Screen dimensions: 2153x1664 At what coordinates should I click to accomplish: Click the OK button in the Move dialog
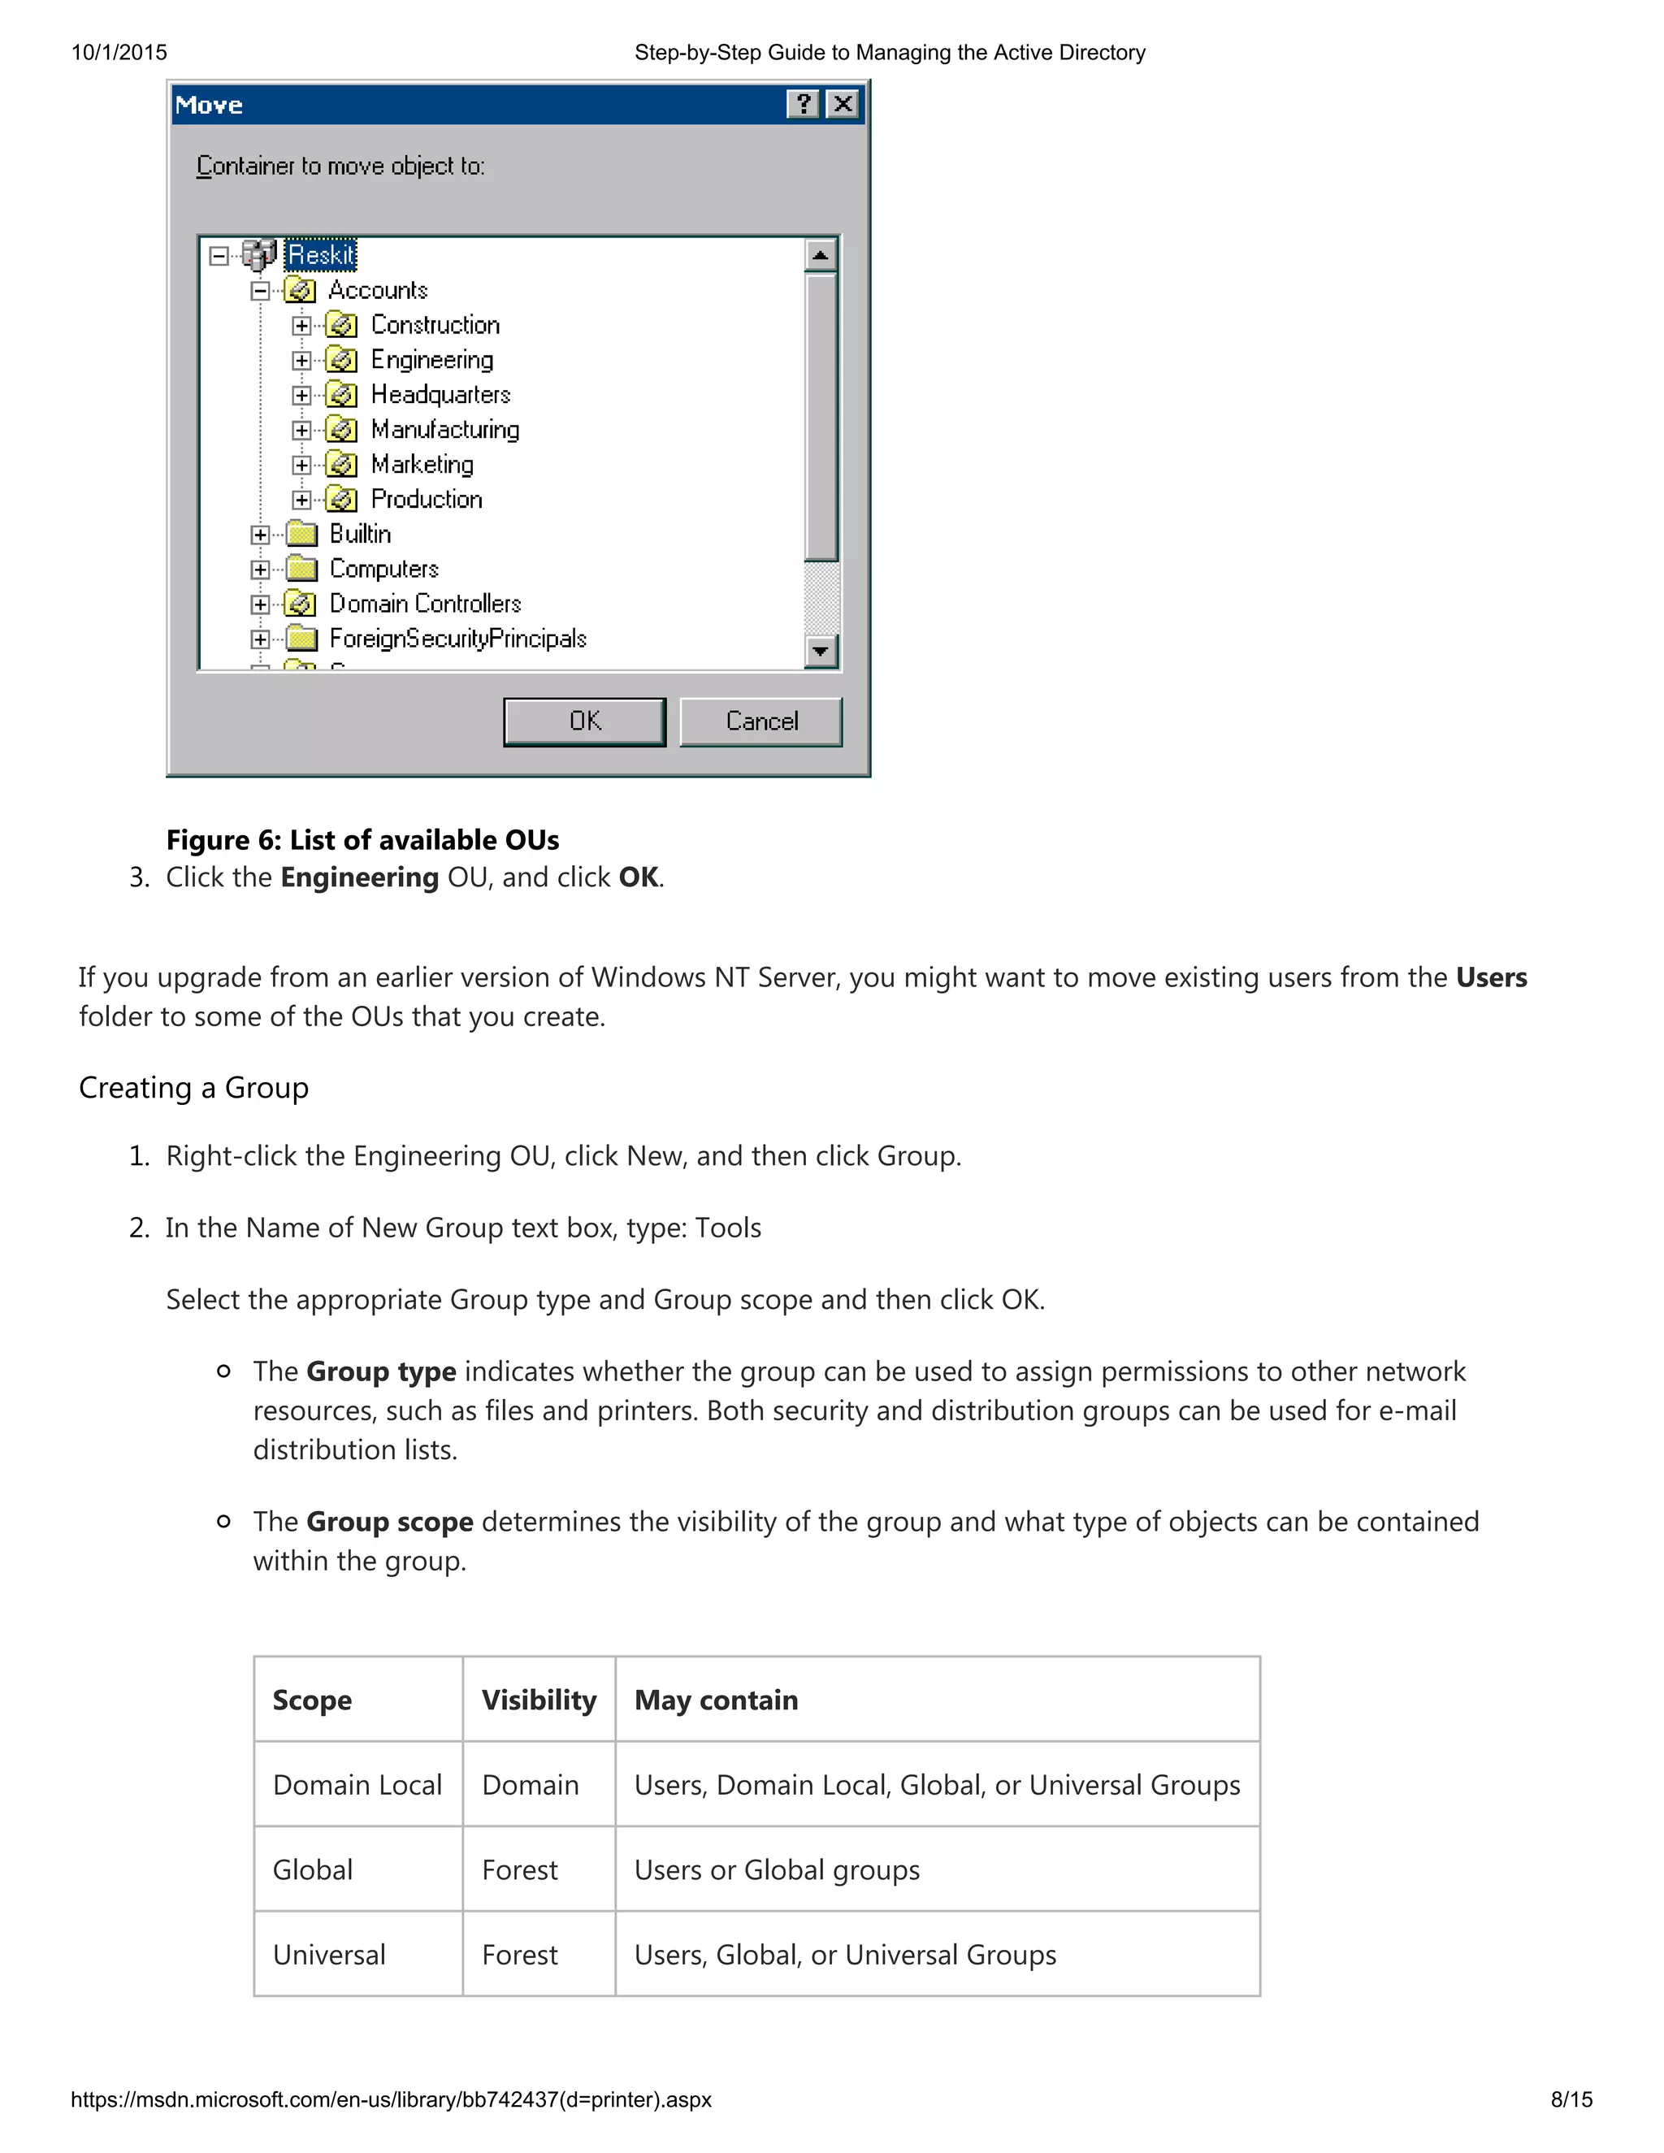[x=583, y=721]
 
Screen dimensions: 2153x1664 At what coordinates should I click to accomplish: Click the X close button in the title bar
[x=842, y=105]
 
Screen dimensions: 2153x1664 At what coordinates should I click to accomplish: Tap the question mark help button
[x=804, y=105]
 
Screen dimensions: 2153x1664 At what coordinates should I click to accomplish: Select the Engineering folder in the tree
[x=431, y=360]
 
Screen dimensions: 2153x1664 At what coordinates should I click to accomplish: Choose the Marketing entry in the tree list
[x=422, y=464]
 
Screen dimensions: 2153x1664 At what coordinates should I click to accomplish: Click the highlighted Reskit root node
[x=322, y=255]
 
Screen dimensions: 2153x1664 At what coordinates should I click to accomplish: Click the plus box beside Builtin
[x=260, y=535]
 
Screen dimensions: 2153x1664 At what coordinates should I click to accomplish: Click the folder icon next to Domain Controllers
[x=301, y=604]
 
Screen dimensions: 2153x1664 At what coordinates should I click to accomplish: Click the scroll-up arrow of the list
[x=820, y=255]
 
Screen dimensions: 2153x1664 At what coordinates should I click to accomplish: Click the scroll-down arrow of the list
[x=820, y=651]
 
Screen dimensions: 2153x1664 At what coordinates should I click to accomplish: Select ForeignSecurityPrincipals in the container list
[x=457, y=639]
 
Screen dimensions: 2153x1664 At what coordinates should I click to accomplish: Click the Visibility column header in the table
[x=539, y=1700]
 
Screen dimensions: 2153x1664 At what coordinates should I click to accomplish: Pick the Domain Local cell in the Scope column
[x=357, y=1784]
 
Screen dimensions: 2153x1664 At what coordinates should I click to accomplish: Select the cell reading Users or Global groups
[x=777, y=1870]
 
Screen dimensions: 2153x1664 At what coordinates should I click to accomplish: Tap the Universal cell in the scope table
[x=329, y=1955]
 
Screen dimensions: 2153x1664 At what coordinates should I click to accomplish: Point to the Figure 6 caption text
[x=362, y=840]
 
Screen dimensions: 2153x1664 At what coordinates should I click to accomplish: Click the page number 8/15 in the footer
[x=1571, y=2099]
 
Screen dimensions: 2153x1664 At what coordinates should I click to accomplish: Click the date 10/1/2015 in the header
[x=119, y=52]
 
